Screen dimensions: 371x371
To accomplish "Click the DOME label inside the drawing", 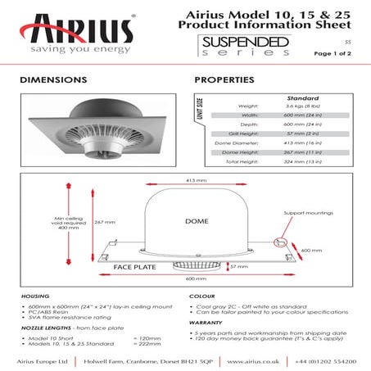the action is [196, 222].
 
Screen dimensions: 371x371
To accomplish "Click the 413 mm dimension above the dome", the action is [195, 180].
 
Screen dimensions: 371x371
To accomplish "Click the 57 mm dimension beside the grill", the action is [240, 267].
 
